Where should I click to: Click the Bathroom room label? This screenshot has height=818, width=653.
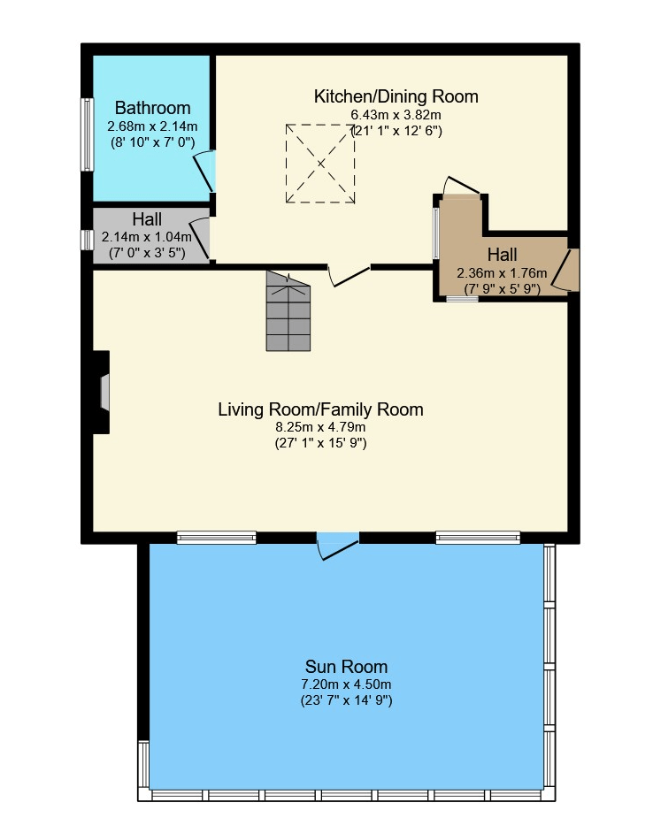tap(152, 108)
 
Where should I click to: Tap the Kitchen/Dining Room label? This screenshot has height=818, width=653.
tap(396, 96)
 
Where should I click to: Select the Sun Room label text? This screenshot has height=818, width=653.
tap(346, 667)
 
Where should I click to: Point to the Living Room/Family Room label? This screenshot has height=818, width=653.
tap(320, 409)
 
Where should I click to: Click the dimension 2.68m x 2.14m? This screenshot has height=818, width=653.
tap(152, 126)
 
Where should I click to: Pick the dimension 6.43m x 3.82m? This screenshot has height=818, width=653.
tap(396, 115)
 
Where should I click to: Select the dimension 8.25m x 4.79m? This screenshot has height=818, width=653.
tap(320, 427)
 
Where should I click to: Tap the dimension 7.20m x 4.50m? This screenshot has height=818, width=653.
tap(346, 684)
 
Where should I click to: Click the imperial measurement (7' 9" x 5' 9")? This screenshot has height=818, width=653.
tap(503, 289)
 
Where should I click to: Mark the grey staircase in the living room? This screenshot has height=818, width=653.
tap(288, 311)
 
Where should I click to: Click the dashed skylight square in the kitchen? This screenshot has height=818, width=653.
tap(320, 164)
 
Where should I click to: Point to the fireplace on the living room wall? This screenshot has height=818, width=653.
tap(101, 393)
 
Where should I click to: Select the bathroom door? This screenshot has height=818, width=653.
tap(205, 171)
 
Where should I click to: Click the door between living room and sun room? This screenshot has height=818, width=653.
tap(338, 547)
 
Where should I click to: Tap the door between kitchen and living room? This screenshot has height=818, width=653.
tap(349, 276)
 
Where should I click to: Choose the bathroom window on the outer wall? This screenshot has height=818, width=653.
tap(87, 134)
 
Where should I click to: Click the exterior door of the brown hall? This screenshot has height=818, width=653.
tap(565, 270)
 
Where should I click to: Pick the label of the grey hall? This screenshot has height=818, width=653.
tap(147, 219)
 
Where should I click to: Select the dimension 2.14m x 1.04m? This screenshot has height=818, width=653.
tap(147, 237)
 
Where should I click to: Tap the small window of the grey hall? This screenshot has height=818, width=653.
tap(87, 240)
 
